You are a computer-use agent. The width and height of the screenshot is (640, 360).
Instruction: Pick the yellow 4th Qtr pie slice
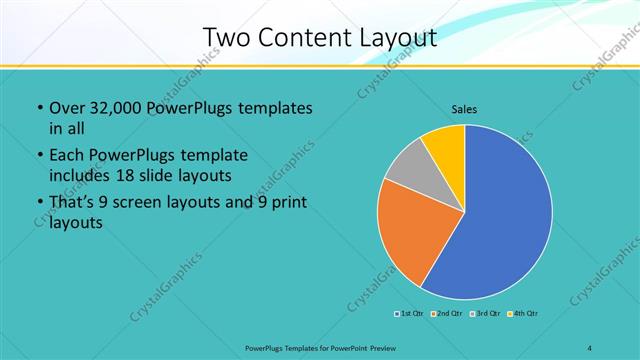click(x=445, y=145)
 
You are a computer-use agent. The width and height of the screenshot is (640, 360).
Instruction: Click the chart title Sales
click(x=466, y=108)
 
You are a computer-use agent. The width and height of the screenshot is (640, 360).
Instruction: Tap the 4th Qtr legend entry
click(x=523, y=314)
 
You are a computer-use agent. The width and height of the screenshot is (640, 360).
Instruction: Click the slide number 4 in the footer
click(x=590, y=348)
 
